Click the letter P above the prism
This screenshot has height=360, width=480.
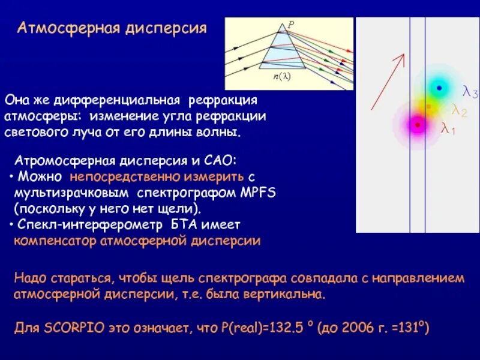tap(291, 25)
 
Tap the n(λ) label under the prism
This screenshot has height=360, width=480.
tap(281, 77)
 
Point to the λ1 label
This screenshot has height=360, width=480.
tap(448, 128)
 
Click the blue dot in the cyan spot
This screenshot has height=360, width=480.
tap(439, 88)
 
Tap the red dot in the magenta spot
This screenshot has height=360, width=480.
tap(417, 125)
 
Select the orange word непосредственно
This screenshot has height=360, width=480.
tap(118, 177)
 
